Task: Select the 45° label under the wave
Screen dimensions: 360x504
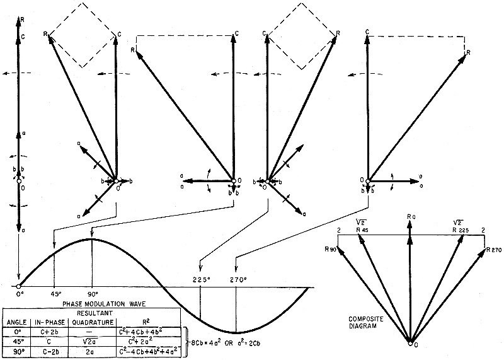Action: [54, 294]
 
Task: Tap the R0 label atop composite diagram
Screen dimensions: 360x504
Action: [411, 217]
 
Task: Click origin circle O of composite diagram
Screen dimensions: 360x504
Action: [410, 344]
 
